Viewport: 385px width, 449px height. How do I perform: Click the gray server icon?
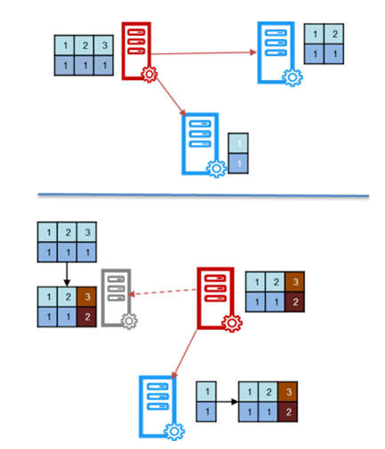(x=116, y=298)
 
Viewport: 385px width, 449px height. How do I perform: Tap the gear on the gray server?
(x=129, y=321)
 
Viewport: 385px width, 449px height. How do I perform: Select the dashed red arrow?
(x=163, y=292)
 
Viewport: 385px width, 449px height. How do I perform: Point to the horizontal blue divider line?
(x=204, y=195)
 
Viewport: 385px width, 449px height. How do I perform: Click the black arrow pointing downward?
(x=67, y=275)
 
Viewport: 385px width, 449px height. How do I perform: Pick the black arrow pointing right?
(x=227, y=402)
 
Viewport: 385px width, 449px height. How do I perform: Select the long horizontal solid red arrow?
(x=204, y=53)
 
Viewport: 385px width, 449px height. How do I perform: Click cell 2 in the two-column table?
(x=334, y=34)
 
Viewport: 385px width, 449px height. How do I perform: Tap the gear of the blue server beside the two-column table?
(x=293, y=77)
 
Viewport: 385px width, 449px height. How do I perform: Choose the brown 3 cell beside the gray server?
(x=87, y=297)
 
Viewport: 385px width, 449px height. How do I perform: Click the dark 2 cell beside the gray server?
(x=87, y=317)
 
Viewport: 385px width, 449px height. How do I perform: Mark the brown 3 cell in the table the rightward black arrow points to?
(x=288, y=392)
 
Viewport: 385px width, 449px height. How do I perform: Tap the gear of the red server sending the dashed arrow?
(x=232, y=323)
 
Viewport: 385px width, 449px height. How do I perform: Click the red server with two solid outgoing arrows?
(x=136, y=51)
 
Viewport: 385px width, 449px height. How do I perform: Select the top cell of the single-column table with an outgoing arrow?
(x=206, y=392)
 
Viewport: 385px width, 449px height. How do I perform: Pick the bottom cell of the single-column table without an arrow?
(x=238, y=164)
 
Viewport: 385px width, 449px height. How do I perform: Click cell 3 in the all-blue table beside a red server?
(x=103, y=45)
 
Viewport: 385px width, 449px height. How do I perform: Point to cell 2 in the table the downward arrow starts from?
(x=68, y=232)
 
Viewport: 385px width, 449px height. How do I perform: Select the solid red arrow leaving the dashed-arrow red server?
(x=184, y=354)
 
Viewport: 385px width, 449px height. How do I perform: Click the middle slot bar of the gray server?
(x=116, y=289)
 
